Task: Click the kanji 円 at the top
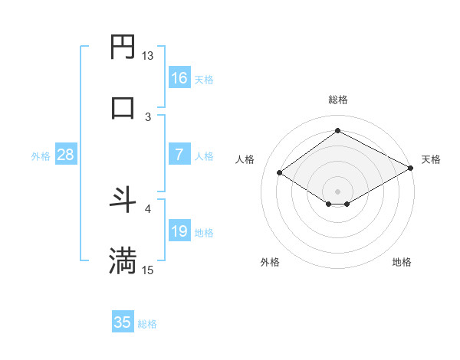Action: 123,47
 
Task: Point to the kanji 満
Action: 123,260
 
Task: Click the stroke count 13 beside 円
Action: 148,56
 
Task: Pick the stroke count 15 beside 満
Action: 148,270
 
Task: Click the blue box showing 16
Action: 179,78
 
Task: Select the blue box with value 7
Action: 179,155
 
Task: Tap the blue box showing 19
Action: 179,231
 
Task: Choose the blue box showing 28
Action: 66,155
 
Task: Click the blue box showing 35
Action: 123,322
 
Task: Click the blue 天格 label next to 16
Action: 204,80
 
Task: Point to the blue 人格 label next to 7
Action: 204,156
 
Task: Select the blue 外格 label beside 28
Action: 41,156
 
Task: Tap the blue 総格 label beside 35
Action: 147,324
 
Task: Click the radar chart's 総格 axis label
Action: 337,100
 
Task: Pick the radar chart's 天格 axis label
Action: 431,159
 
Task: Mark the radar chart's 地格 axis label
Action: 402,262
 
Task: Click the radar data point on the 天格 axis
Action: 412,169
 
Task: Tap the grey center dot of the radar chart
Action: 337,191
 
